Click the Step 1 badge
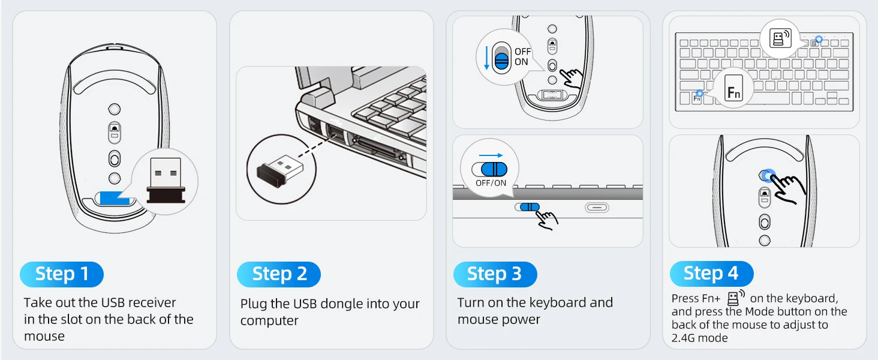[62, 274]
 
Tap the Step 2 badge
[279, 274]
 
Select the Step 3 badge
[495, 274]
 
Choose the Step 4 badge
[711, 274]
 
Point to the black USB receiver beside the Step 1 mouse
[166, 180]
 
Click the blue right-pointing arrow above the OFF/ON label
[491, 155]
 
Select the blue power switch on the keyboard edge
[528, 208]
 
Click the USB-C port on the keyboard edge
[597, 208]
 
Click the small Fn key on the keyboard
[697, 98]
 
